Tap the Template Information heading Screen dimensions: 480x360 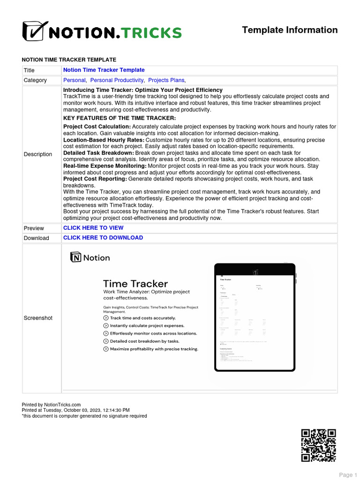pyautogui.click(x=290, y=30)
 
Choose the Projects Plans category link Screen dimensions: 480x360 pyautogui.click(x=166, y=80)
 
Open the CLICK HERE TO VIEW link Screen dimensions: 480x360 pyautogui.click(x=93, y=228)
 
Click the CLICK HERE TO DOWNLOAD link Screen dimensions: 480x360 pyautogui.click(x=103, y=238)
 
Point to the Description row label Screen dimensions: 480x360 pyautogui.click(x=38, y=154)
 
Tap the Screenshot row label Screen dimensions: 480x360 pyautogui.click(x=38, y=318)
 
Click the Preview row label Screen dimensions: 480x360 pyautogui.click(x=34, y=228)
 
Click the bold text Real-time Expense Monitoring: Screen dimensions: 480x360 pyautogui.click(x=105, y=165)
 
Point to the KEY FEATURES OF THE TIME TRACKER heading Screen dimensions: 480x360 pyautogui.click(x=120, y=118)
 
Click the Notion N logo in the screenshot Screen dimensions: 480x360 pyautogui.click(x=76, y=257)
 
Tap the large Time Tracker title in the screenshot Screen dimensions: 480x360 pyautogui.click(x=135, y=284)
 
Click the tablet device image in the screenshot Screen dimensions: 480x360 pyautogui.click(x=255, y=317)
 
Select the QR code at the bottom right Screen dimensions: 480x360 pyautogui.click(x=318, y=445)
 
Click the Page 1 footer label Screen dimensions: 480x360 pyautogui.click(x=348, y=475)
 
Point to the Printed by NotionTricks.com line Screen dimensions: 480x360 pyautogui.click(x=52, y=405)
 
